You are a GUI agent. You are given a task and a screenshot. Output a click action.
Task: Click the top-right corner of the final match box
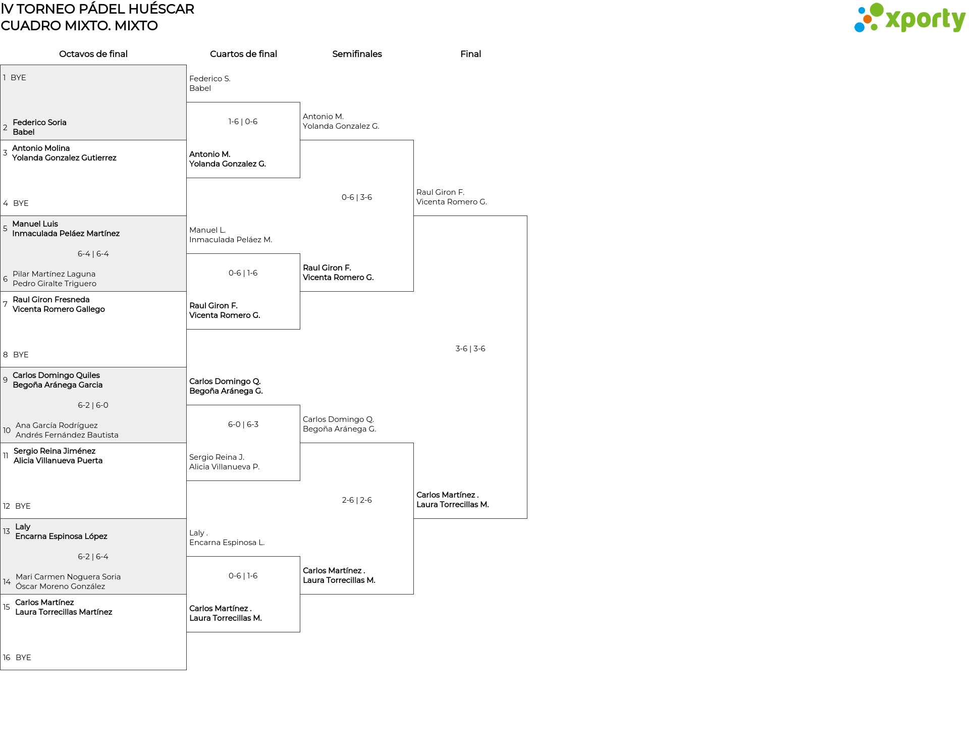tap(527, 216)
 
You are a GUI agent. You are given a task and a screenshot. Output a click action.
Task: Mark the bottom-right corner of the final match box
tap(527, 518)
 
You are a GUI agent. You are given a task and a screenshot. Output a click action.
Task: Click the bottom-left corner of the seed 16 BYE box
tap(1, 670)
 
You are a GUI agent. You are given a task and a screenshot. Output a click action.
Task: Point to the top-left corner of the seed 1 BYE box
tap(1, 65)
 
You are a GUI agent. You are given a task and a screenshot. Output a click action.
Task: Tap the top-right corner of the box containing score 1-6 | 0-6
tap(300, 102)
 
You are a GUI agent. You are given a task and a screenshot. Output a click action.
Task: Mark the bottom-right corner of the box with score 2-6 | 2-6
tap(413, 594)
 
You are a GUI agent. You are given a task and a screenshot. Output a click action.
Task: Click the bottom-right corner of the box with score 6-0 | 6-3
tap(300, 480)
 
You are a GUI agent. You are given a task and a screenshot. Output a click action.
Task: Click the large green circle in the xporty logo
tap(877, 10)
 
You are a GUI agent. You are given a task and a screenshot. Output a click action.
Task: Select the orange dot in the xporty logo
tap(867, 19)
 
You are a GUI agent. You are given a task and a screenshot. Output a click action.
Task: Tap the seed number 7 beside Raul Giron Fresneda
tap(5, 304)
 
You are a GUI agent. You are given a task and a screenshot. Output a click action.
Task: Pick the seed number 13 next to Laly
tap(7, 531)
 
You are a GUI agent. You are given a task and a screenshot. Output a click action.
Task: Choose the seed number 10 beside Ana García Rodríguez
tap(7, 431)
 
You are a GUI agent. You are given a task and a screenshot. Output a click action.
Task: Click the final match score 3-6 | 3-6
tap(470, 349)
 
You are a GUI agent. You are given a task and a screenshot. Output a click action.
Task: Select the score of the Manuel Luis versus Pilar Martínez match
tap(93, 254)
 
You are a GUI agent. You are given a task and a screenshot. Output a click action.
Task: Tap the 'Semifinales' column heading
tap(357, 54)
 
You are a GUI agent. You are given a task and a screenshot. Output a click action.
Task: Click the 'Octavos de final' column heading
tap(93, 54)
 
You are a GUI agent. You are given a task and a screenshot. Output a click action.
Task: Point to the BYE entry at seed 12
tap(23, 506)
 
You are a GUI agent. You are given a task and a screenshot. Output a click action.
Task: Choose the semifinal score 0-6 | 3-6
tap(357, 197)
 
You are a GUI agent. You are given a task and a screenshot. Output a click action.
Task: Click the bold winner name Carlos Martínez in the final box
tap(446, 495)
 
